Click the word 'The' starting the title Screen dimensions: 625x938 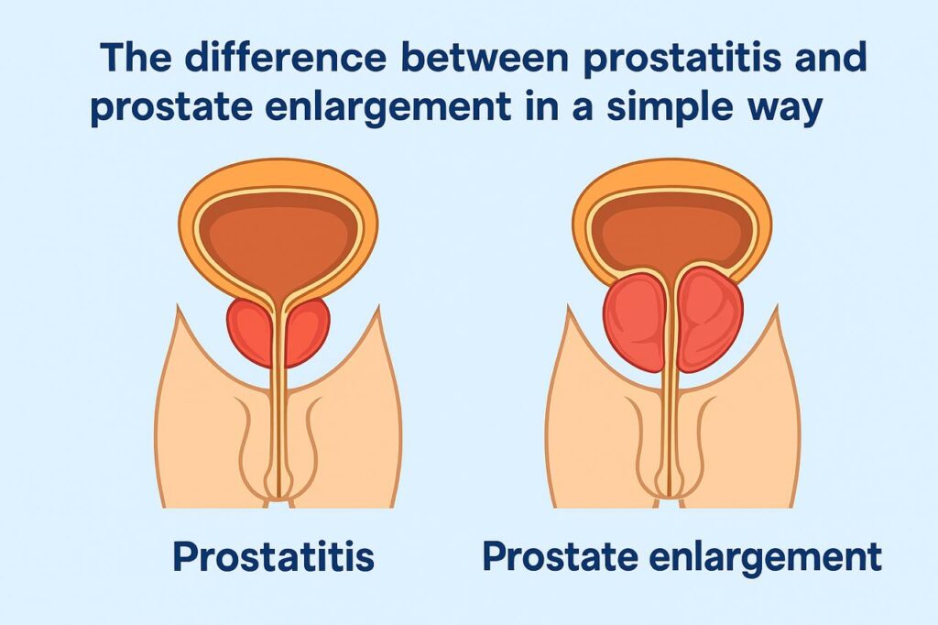pyautogui.click(x=136, y=60)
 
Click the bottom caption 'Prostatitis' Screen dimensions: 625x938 pyautogui.click(x=273, y=556)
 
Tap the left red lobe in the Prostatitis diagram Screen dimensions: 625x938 pyautogui.click(x=249, y=330)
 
